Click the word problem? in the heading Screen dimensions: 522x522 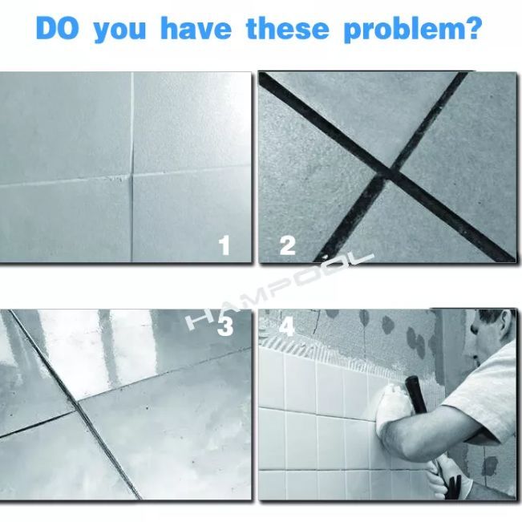[x=413, y=30]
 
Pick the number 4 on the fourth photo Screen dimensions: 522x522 [x=287, y=326]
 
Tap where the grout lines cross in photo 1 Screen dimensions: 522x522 [x=132, y=176]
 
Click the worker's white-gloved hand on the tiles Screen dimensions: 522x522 [x=392, y=401]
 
